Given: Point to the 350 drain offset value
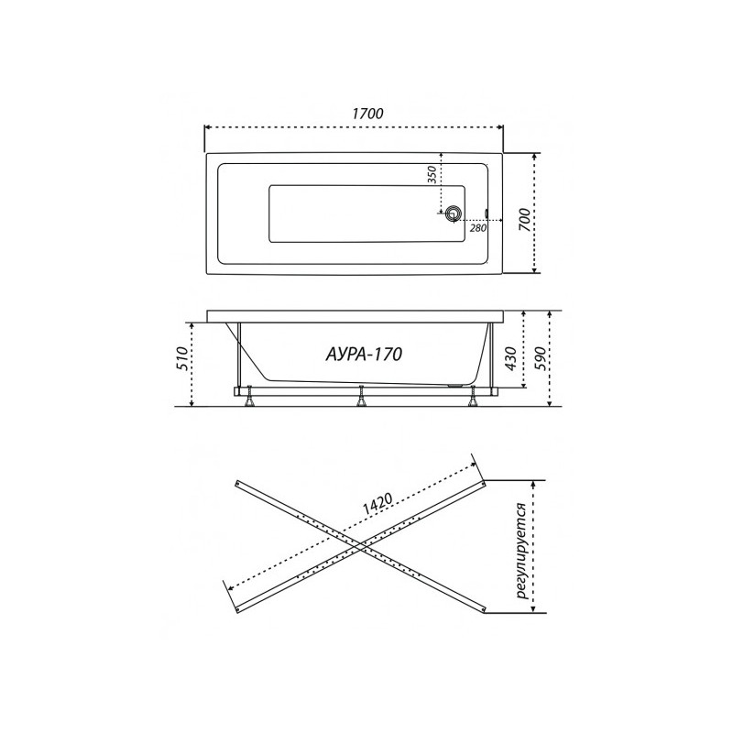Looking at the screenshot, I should pos(430,175).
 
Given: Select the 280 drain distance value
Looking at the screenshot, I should pos(477,228).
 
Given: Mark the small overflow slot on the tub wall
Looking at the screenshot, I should pos(486,216).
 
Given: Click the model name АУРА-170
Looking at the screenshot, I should pos(365,353).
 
